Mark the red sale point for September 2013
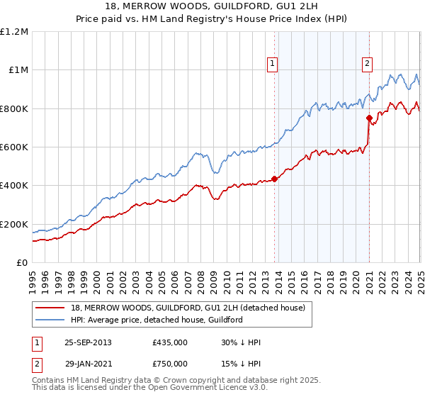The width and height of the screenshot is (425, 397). [x=274, y=179]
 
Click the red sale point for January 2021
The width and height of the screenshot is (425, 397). [x=369, y=118]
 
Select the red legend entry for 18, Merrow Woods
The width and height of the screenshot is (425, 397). [x=188, y=308]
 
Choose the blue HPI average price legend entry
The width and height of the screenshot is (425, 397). [x=157, y=320]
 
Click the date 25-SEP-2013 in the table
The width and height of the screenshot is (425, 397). [x=88, y=342]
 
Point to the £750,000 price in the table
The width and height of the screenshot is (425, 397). [x=169, y=364]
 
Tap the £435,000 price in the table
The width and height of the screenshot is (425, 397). [x=169, y=342]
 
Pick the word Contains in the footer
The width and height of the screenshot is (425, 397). [x=50, y=380]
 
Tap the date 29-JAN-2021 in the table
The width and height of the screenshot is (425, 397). [x=88, y=364]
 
